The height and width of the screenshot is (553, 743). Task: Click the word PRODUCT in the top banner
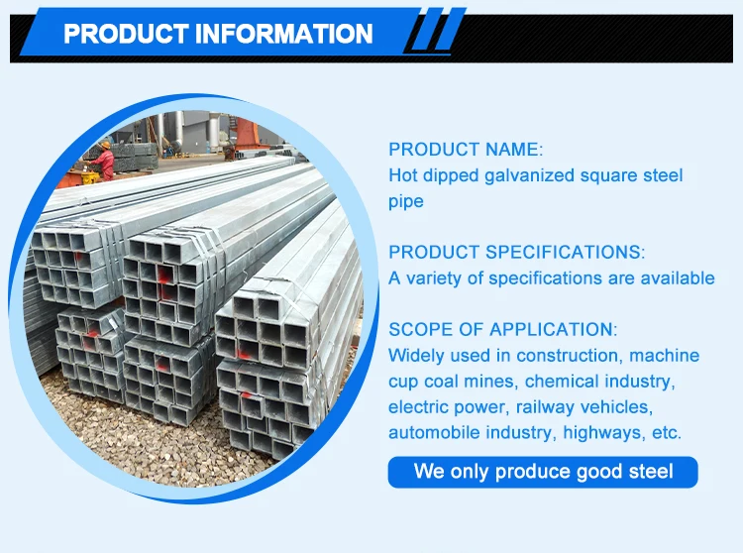point(126,34)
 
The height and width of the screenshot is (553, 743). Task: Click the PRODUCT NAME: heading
point(466,150)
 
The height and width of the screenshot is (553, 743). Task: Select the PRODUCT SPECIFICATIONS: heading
point(516,252)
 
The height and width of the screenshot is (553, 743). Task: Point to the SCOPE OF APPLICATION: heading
point(503,329)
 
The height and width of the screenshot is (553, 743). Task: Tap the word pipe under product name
point(405,201)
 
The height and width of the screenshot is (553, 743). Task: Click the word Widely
point(416,355)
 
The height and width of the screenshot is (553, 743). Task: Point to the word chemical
point(561,381)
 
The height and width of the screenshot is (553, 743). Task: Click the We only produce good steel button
point(543,472)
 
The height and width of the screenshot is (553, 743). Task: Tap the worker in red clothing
point(104,159)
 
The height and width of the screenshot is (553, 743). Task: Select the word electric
point(420,406)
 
